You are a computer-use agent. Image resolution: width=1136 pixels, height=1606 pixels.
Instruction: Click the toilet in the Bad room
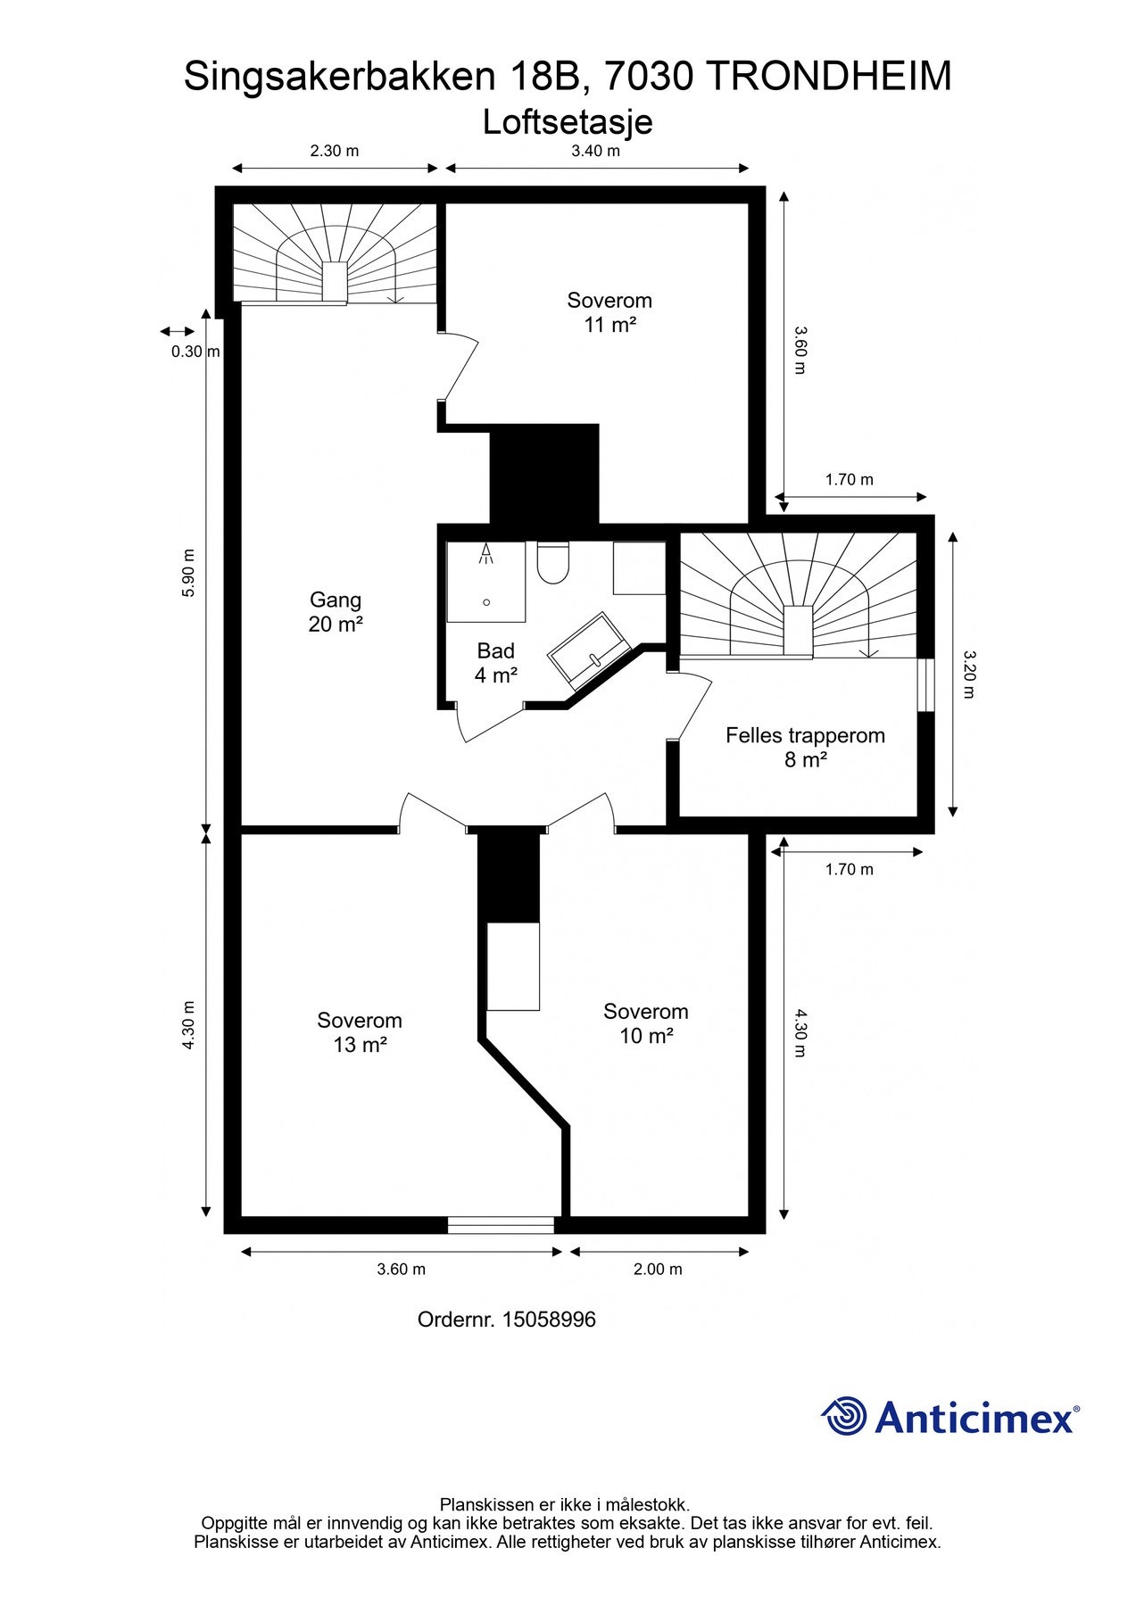(553, 564)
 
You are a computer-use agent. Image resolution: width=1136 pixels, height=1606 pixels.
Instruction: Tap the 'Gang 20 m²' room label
(336, 612)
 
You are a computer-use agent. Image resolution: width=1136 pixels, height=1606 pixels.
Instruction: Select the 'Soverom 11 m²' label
(609, 312)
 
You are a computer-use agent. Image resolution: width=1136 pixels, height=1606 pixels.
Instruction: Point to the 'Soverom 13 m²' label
(360, 1032)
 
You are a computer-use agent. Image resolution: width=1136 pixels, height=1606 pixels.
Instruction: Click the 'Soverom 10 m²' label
(646, 1023)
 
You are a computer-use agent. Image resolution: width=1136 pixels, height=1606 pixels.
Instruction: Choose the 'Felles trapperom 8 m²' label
(805, 748)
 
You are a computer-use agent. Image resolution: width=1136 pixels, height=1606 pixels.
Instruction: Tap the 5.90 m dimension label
(188, 572)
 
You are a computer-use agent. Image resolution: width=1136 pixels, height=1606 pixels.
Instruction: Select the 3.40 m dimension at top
(595, 151)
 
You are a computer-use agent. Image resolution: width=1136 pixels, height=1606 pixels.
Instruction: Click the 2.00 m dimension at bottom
(658, 1269)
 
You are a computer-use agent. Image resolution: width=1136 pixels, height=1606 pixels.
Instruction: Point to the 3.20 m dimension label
(970, 675)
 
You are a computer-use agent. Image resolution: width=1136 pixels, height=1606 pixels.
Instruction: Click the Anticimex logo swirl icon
(843, 1416)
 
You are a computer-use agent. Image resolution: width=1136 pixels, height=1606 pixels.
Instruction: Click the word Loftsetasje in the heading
(568, 122)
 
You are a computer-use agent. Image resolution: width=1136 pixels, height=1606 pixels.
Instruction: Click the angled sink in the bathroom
(589, 651)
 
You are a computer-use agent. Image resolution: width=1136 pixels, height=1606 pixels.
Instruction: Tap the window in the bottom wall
(501, 1225)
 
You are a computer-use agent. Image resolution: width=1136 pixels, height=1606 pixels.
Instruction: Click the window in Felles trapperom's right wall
(926, 685)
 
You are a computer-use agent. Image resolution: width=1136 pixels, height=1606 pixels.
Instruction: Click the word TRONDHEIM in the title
(829, 77)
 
